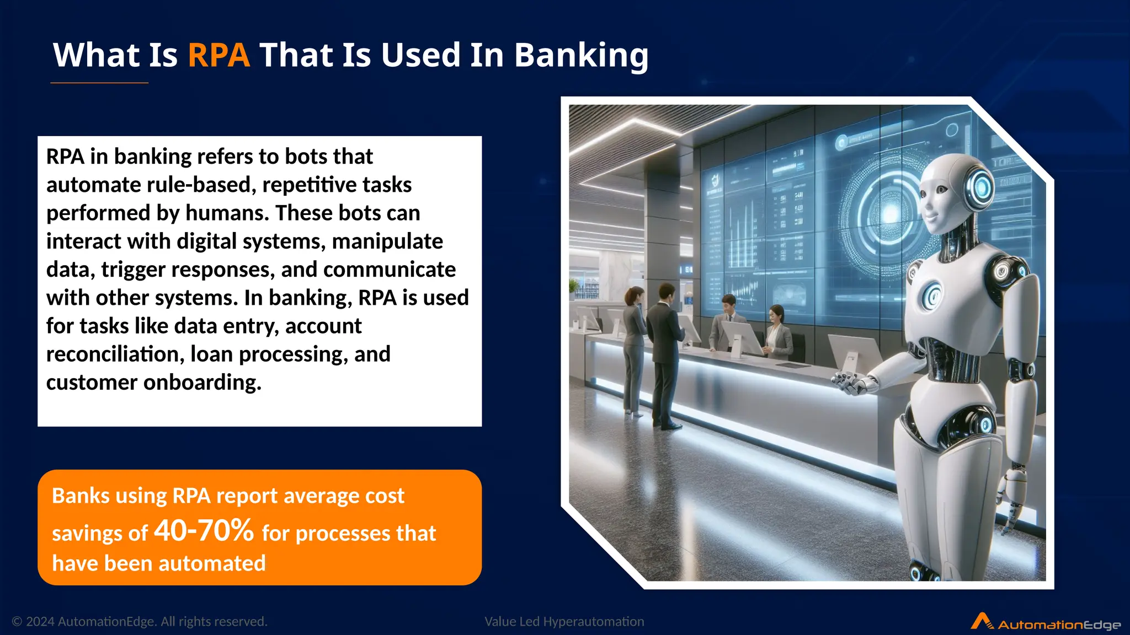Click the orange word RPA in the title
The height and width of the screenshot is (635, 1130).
pos(218,55)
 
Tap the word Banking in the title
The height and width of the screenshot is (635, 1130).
pos(581,56)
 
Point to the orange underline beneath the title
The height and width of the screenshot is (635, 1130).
pos(99,83)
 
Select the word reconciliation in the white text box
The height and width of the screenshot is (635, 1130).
pos(115,354)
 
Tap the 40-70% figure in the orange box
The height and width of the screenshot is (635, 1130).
pos(204,531)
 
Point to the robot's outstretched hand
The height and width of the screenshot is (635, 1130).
pos(852,382)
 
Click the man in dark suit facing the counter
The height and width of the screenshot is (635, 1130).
pos(665,353)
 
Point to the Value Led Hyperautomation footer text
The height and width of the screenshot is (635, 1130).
pos(564,622)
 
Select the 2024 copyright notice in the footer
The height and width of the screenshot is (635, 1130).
pos(140,622)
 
